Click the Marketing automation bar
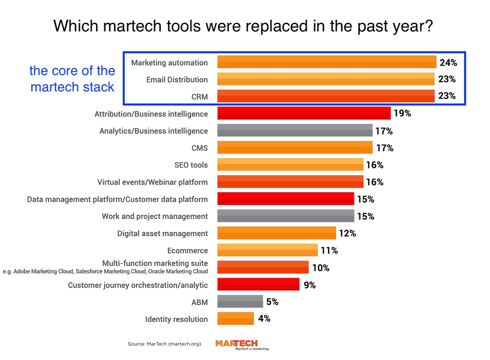[x=327, y=62]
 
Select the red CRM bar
[x=326, y=96]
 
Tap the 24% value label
[x=448, y=62]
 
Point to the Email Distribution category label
[x=177, y=80]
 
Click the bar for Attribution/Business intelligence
[x=304, y=113]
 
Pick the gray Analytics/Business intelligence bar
[x=295, y=131]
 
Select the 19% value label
[x=402, y=113]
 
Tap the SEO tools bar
[x=290, y=164]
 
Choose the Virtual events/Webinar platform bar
[x=290, y=182]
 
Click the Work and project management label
[x=155, y=216]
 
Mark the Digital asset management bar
[x=276, y=233]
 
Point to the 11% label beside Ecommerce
[x=329, y=251]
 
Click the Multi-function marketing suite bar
[x=263, y=267]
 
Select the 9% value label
[x=310, y=285]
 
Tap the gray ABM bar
[x=240, y=302]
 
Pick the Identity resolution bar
[x=236, y=318]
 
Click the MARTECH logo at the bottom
[x=237, y=344]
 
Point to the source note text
[x=164, y=344]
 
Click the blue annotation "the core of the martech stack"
[x=72, y=79]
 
